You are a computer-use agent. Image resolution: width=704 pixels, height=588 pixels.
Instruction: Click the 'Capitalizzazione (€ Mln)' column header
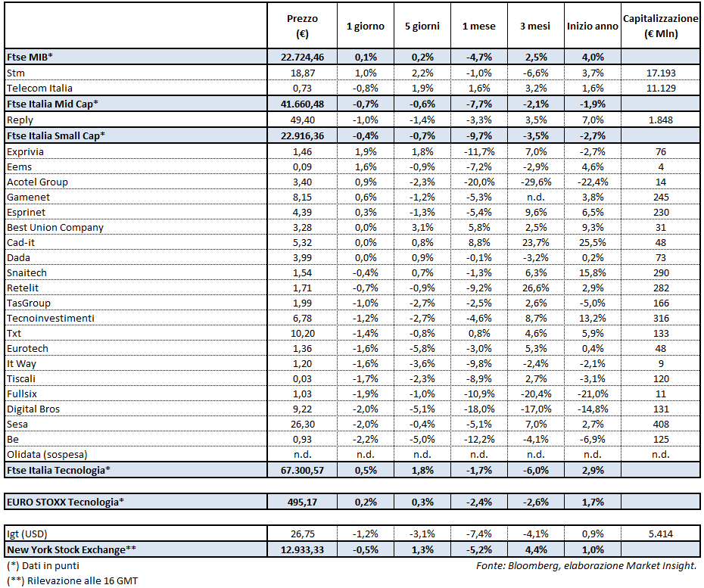pyautogui.click(x=660, y=26)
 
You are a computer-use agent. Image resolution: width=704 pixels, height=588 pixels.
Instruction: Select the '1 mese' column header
pyautogui.click(x=478, y=26)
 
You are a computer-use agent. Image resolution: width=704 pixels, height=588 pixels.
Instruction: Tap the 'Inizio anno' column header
pyautogui.click(x=592, y=26)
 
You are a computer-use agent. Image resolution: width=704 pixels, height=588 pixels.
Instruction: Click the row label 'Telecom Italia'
pyautogui.click(x=39, y=88)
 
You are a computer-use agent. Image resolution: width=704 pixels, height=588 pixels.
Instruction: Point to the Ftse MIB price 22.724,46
pyautogui.click(x=303, y=57)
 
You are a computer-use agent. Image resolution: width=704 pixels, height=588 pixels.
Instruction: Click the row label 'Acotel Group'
pyautogui.click(x=37, y=182)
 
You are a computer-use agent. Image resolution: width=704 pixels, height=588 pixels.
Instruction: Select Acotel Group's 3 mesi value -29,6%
pyautogui.click(x=535, y=182)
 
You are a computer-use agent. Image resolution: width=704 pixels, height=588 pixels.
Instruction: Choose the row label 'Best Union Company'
pyautogui.click(x=55, y=227)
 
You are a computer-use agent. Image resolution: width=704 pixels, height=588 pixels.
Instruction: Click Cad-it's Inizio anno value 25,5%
pyautogui.click(x=592, y=242)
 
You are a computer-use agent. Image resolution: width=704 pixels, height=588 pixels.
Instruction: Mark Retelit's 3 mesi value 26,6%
pyautogui.click(x=535, y=288)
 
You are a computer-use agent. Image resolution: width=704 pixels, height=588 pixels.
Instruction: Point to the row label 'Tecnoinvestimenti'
pyautogui.click(x=50, y=318)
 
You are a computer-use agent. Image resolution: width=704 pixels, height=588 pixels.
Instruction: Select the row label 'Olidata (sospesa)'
pyautogui.click(x=47, y=455)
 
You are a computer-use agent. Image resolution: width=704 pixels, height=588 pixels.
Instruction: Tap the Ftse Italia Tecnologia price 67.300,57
pyautogui.click(x=303, y=470)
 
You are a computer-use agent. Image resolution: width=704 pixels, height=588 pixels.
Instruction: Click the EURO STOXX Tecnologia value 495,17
pyautogui.click(x=303, y=501)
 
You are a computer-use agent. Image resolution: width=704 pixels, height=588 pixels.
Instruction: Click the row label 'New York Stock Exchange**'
pyautogui.click(x=65, y=549)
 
